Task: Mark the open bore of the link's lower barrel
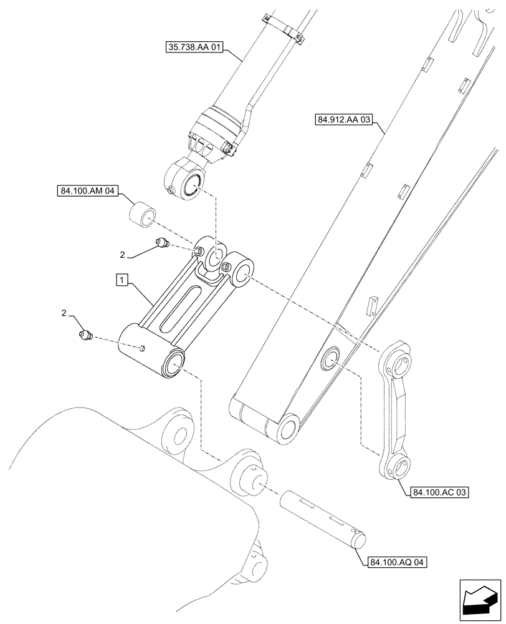(x=175, y=364)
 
